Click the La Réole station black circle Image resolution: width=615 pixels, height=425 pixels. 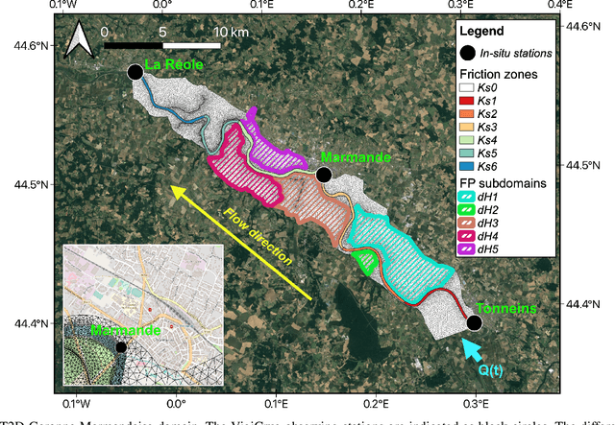click(x=135, y=72)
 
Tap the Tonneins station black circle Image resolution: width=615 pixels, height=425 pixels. click(x=474, y=323)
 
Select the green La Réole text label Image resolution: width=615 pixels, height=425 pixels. click(x=174, y=67)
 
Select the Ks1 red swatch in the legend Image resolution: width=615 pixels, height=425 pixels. click(x=469, y=99)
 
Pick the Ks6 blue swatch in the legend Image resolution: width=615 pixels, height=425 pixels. click(x=469, y=166)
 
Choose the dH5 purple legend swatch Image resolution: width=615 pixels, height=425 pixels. click(x=469, y=248)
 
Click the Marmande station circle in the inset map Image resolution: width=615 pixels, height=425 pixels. click(x=120, y=347)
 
